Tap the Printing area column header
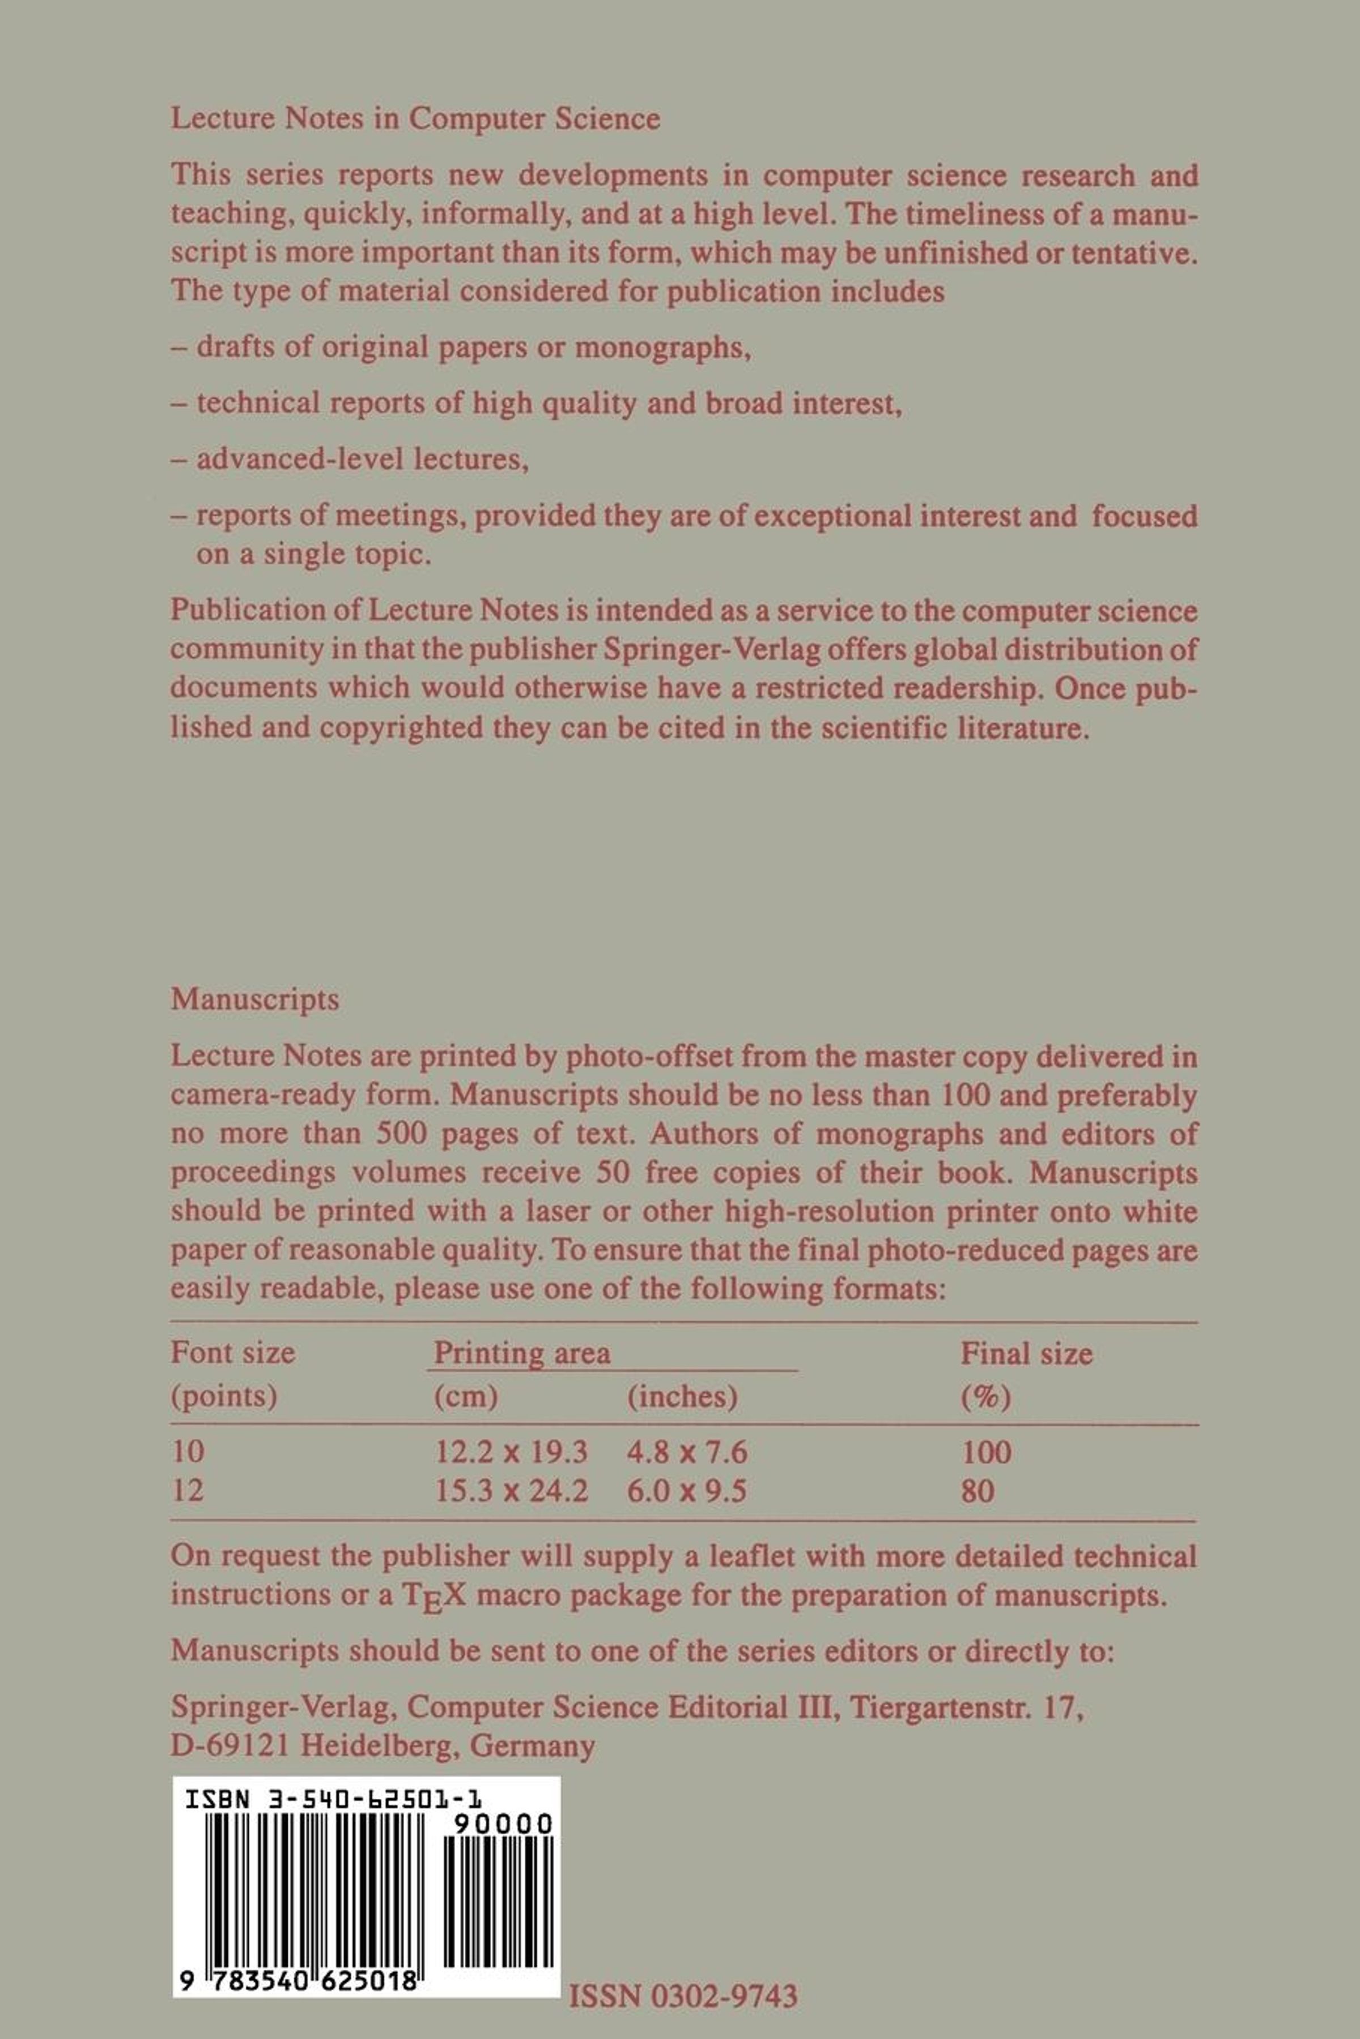[x=521, y=1353]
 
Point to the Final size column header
[x=1026, y=1353]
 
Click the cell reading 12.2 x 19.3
[x=511, y=1451]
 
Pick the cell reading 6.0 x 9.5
[x=687, y=1490]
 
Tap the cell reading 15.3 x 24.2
[x=511, y=1490]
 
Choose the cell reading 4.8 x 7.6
[x=687, y=1451]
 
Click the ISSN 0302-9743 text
[x=683, y=1972]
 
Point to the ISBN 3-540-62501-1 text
[x=333, y=1802]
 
